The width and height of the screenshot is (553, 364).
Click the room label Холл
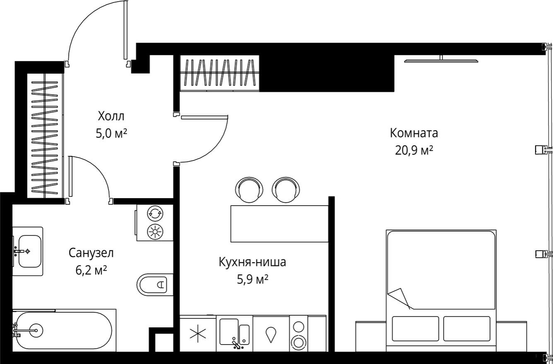point(111,115)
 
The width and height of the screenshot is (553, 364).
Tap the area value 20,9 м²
point(414,150)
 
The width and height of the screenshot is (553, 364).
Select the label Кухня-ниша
point(252,262)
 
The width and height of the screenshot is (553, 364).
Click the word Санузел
point(91,253)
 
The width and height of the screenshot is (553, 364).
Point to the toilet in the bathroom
point(154,284)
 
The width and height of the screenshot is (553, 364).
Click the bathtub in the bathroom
point(62,330)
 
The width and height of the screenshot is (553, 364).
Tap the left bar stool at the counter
point(248,190)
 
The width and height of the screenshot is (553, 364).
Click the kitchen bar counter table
point(279,223)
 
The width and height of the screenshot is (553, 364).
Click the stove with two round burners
point(298,334)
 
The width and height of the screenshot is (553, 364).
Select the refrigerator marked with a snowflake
point(198,334)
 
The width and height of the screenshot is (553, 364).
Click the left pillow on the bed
point(415,329)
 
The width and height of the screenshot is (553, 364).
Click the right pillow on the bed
point(466,329)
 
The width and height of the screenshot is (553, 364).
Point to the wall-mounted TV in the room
point(441,60)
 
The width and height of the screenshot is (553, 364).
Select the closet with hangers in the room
point(219,73)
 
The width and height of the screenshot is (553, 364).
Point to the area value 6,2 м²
point(91,271)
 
